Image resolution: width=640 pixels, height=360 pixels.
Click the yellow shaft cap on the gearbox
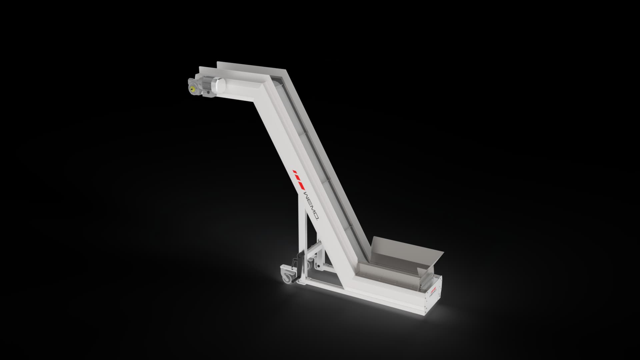coord(192,89)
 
